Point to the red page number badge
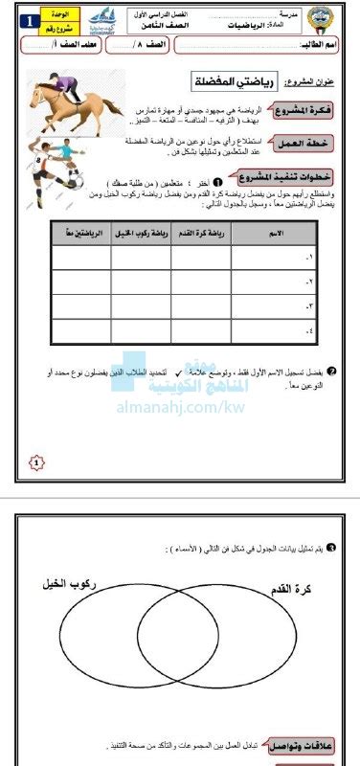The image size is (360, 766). (x=37, y=463)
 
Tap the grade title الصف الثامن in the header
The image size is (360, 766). (x=181, y=28)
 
